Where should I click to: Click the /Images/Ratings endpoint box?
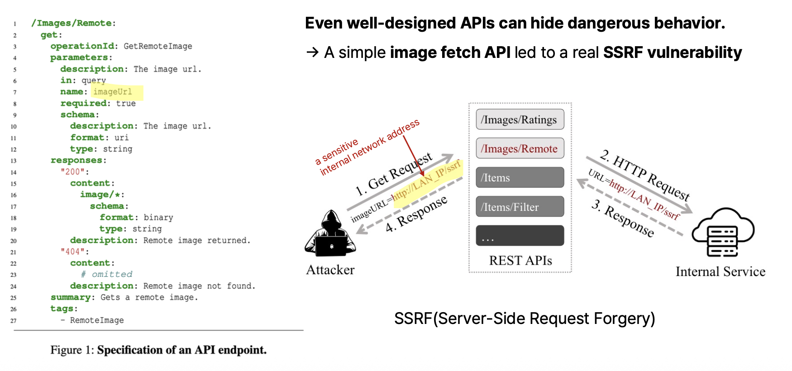click(520, 119)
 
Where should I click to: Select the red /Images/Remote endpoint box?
click(520, 148)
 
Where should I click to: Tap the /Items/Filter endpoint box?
click(520, 207)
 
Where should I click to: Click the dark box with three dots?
click(520, 236)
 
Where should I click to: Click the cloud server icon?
click(723, 232)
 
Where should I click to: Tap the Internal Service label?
click(720, 271)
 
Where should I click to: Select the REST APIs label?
click(520, 261)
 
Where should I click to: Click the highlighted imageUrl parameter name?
click(113, 92)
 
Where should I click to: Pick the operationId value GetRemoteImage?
click(157, 46)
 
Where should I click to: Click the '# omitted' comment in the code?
click(107, 274)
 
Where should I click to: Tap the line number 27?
click(14, 321)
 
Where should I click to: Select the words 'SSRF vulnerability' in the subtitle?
click(672, 52)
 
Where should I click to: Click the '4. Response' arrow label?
click(416, 214)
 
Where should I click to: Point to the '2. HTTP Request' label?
click(645, 175)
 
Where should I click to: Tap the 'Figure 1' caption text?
click(158, 350)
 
